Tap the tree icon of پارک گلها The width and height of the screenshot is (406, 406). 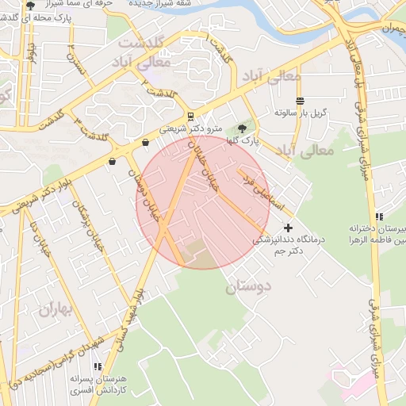pos(242,128)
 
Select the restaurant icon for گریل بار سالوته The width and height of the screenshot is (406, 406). pos(300,101)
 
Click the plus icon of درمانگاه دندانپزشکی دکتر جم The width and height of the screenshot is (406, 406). pos(287,228)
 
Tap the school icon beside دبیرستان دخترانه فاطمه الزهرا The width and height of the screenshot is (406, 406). pos(380,216)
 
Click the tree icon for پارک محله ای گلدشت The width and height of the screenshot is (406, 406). pos(30,5)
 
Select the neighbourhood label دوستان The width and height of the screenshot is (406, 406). pos(248,287)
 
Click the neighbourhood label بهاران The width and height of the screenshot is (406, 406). pos(56,309)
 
